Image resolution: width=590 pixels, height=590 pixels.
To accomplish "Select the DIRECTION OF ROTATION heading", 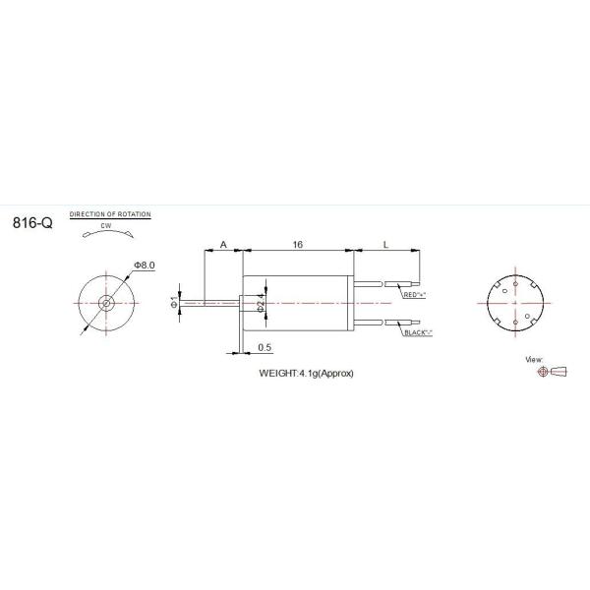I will tap(109, 213).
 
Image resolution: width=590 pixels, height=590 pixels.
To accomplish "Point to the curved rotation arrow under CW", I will tap(106, 233).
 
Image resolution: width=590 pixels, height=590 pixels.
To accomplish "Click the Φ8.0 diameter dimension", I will tap(145, 265).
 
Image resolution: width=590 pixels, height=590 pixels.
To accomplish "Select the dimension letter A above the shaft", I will tap(223, 242).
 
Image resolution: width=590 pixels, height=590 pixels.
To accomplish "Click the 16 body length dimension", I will tap(297, 242).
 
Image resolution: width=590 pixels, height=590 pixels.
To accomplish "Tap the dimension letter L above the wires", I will tap(383, 242).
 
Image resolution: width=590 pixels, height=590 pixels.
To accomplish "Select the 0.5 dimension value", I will tap(264, 347).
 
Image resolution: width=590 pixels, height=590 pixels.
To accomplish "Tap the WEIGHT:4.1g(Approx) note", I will tap(305, 374).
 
